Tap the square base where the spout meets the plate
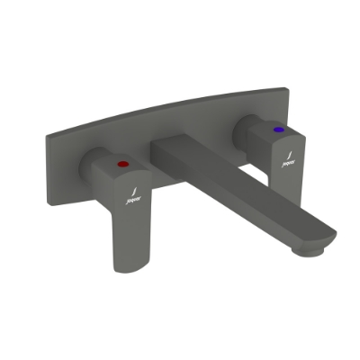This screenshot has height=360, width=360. point(171,153)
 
